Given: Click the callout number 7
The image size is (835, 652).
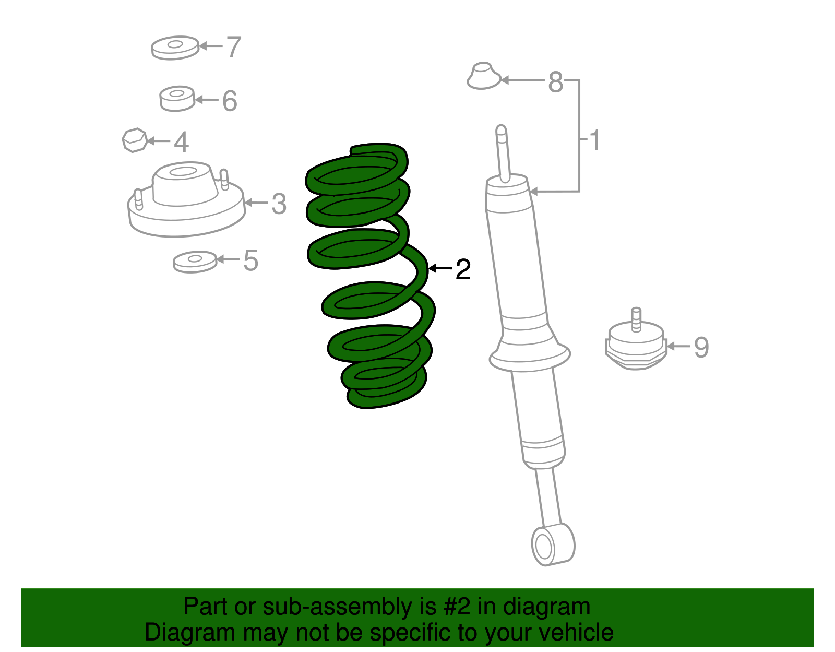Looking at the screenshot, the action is click(x=234, y=46).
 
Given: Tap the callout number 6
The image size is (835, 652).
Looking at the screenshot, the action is click(x=230, y=101).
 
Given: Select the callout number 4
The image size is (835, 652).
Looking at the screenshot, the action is click(x=182, y=142).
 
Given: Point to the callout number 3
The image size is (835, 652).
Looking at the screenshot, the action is click(x=279, y=204).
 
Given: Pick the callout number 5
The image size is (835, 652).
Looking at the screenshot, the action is click(x=250, y=260).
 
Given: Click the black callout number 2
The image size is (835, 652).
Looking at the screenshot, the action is click(x=463, y=269).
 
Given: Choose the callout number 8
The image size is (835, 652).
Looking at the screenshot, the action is click(x=556, y=82).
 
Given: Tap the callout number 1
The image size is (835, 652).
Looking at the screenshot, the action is click(x=594, y=140).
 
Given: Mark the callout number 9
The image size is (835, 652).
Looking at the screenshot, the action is click(x=701, y=347).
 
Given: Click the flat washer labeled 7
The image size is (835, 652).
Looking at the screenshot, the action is click(x=175, y=48).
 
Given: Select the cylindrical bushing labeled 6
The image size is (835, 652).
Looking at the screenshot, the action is click(x=177, y=99).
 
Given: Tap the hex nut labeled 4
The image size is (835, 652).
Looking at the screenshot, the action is click(x=135, y=140).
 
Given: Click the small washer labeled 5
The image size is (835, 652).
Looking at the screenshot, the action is click(x=195, y=262).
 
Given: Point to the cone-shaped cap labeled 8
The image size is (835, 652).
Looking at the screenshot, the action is click(x=484, y=76).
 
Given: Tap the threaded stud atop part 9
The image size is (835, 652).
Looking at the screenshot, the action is click(x=636, y=319).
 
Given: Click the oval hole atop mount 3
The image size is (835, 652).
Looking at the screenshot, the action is click(x=183, y=171).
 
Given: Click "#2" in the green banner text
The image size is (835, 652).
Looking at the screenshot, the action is click(x=457, y=607).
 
